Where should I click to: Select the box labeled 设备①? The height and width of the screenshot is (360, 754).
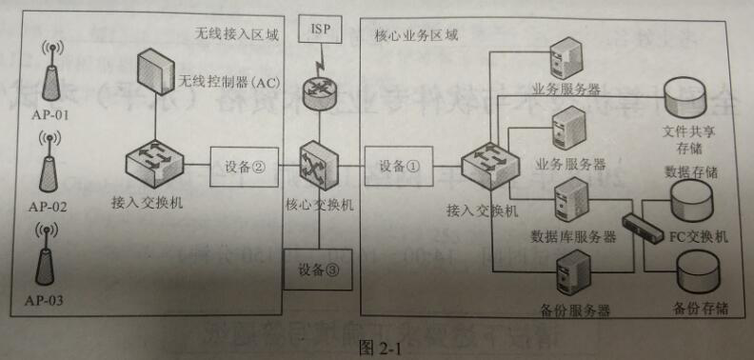click(392, 166)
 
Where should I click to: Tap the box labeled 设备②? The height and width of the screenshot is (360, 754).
click(244, 167)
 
